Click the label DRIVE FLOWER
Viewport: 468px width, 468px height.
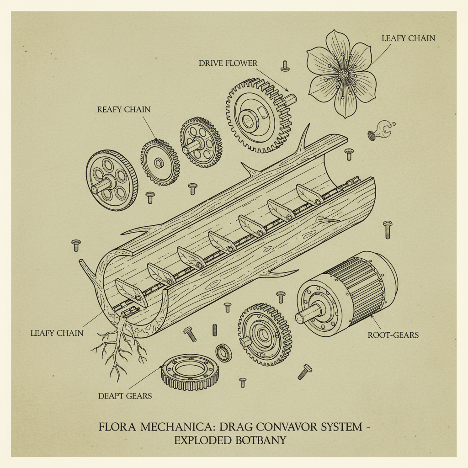coord(228,63)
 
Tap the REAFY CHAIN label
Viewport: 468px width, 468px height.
coord(123,110)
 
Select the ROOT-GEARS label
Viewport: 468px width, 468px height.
coord(393,335)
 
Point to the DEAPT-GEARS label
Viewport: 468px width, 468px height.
coord(125,396)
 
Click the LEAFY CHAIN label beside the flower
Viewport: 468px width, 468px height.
coord(408,38)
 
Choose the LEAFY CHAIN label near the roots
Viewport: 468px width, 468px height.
coord(57,333)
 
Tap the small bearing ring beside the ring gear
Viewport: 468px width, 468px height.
coord(223,353)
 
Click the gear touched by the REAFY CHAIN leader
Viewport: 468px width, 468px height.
coord(160,162)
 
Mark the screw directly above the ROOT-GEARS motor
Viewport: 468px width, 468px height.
coord(388,228)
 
